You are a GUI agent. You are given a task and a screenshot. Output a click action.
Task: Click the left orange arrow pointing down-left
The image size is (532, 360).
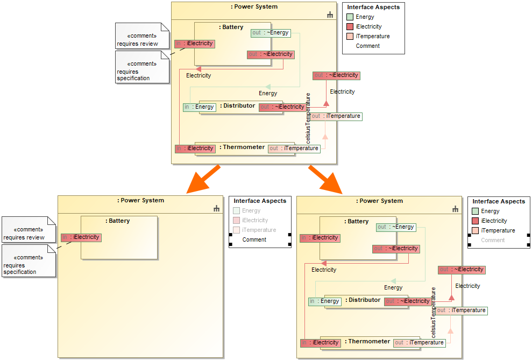[x=203, y=179]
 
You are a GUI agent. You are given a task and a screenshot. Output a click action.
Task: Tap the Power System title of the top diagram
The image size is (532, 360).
[x=254, y=7]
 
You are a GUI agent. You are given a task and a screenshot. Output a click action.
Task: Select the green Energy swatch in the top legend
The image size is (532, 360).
[x=350, y=17]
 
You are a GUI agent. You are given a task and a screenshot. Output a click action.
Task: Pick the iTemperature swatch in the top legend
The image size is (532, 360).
[x=350, y=37]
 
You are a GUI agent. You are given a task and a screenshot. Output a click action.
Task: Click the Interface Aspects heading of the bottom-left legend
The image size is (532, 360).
[x=260, y=201]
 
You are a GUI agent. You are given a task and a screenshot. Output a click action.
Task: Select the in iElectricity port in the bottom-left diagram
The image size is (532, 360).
[x=81, y=237]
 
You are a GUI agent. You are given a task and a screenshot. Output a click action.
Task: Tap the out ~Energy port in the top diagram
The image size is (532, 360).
[x=271, y=33]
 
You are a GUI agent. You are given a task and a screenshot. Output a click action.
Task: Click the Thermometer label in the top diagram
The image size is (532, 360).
[x=243, y=147]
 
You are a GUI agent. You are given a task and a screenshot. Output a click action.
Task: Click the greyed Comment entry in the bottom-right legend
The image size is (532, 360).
[x=493, y=241]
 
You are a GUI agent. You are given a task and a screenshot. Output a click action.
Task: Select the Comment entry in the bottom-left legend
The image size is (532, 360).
[x=254, y=240]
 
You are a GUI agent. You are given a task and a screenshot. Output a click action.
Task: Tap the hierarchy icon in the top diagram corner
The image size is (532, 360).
[x=330, y=15]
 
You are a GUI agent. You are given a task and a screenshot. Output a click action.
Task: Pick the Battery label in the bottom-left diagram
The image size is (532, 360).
[x=119, y=221]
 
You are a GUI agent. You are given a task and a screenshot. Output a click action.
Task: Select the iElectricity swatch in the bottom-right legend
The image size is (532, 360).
[x=476, y=221]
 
